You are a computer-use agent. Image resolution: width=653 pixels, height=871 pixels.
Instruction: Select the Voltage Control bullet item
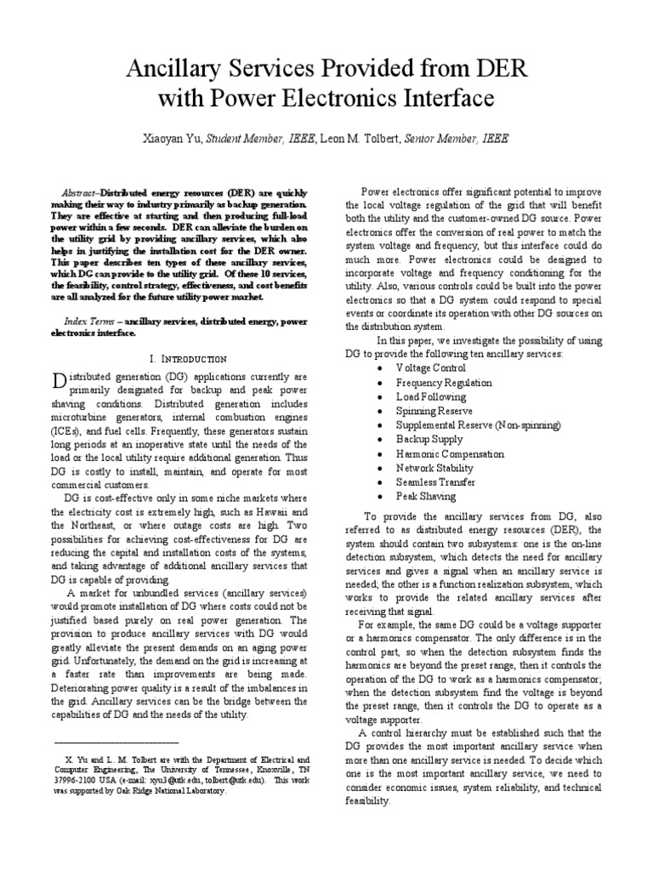430,368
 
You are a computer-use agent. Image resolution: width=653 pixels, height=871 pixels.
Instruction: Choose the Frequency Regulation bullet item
443,383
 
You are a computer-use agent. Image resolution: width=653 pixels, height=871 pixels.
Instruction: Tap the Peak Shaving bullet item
425,496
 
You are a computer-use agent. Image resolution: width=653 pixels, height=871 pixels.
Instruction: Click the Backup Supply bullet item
426,439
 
